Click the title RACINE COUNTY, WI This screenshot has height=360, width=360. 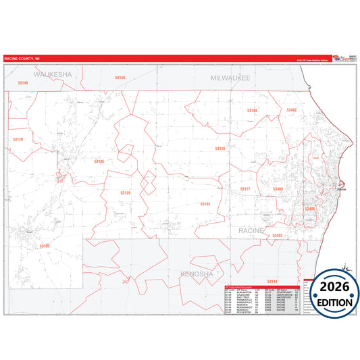click(x=21, y=59)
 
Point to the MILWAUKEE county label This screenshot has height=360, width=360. click(x=230, y=78)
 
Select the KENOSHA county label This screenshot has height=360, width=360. click(x=197, y=274)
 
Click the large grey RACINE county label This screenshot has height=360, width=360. click(x=251, y=231)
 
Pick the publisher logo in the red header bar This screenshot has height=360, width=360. click(x=332, y=58)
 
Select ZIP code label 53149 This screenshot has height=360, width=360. click(x=22, y=83)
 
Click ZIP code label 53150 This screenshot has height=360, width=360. click(x=120, y=78)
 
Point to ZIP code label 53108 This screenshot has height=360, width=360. click(x=252, y=110)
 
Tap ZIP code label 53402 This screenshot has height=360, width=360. click(x=291, y=109)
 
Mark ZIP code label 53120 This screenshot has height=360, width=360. click(x=18, y=139)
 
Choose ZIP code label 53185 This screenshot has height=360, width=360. click(x=99, y=161)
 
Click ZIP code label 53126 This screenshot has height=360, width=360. click(x=220, y=148)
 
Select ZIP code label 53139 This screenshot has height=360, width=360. click(x=126, y=193)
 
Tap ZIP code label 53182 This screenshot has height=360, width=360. click(x=205, y=203)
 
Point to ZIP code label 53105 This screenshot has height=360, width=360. click(x=45, y=246)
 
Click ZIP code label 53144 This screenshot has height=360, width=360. click(x=272, y=280)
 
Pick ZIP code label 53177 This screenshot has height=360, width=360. click(x=246, y=189)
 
